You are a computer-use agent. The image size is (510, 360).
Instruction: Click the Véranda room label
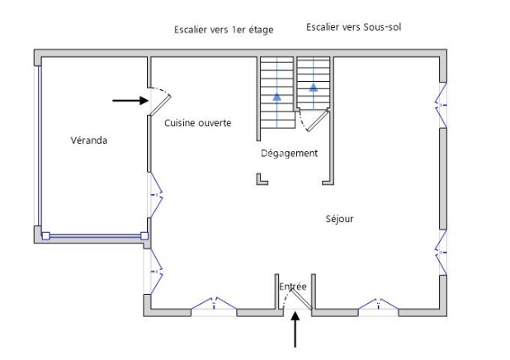(x=89, y=140)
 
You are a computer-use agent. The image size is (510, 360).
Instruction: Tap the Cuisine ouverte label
(x=197, y=123)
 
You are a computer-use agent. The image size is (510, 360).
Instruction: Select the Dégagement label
(x=289, y=154)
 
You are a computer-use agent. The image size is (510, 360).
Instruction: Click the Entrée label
(x=292, y=287)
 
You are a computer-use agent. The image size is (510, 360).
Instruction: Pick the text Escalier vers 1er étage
(x=223, y=30)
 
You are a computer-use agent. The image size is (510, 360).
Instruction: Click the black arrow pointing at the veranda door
(x=130, y=101)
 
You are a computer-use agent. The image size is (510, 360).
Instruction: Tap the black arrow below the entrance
(x=295, y=331)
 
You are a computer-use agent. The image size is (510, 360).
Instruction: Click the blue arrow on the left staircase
(x=276, y=97)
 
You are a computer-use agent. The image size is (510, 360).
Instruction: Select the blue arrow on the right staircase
(x=314, y=87)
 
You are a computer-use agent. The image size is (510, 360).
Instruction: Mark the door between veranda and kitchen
(x=159, y=100)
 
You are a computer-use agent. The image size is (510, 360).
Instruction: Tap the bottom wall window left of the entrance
(x=214, y=306)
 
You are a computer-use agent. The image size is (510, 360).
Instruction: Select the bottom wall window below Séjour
(x=379, y=306)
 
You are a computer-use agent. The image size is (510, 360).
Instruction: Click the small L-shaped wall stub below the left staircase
(x=261, y=179)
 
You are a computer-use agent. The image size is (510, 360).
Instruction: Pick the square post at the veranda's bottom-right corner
(x=144, y=236)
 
